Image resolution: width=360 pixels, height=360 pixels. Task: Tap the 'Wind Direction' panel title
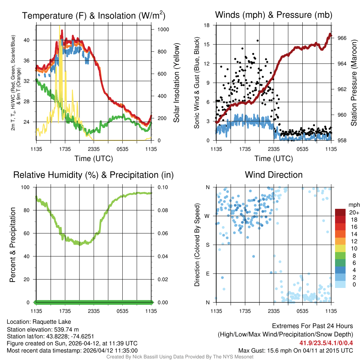coord(274,175)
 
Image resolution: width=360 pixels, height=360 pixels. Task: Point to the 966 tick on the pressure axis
coord(342,38)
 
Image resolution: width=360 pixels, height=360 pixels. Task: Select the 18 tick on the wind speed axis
coord(207,25)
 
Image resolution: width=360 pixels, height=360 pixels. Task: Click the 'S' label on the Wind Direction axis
coord(207,245)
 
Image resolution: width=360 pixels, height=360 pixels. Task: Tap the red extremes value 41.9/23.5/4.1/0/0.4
coord(326,343)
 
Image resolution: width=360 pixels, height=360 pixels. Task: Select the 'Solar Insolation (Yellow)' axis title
coord(176,83)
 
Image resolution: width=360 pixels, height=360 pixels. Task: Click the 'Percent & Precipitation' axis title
coord(13,245)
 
